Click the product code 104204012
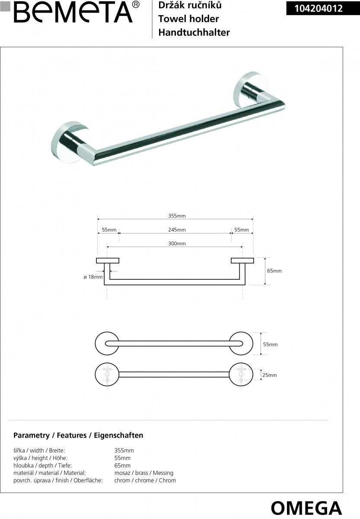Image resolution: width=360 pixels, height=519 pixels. [319, 8]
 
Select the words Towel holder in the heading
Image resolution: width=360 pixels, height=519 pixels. [188, 19]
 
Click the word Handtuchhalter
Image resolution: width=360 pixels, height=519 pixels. [194, 32]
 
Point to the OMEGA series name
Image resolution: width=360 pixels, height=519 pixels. [306, 507]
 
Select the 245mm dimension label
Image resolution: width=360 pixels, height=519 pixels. [177, 230]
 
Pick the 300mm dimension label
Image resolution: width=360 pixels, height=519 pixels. [177, 244]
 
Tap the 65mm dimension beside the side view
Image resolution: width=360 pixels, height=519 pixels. [274, 271]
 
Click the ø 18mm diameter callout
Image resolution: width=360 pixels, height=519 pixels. [93, 277]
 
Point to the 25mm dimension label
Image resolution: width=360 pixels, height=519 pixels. [269, 375]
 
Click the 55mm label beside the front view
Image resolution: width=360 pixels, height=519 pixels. [270, 345]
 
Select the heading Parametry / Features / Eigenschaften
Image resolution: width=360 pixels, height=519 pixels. [78, 436]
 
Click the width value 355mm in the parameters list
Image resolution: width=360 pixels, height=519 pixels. [124, 451]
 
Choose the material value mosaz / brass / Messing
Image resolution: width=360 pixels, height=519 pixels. [143, 473]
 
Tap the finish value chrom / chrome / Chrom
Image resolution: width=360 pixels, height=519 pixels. [145, 481]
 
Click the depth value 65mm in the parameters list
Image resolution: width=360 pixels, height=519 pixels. [122, 466]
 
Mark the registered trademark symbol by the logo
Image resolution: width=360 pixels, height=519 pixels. [135, 5]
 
